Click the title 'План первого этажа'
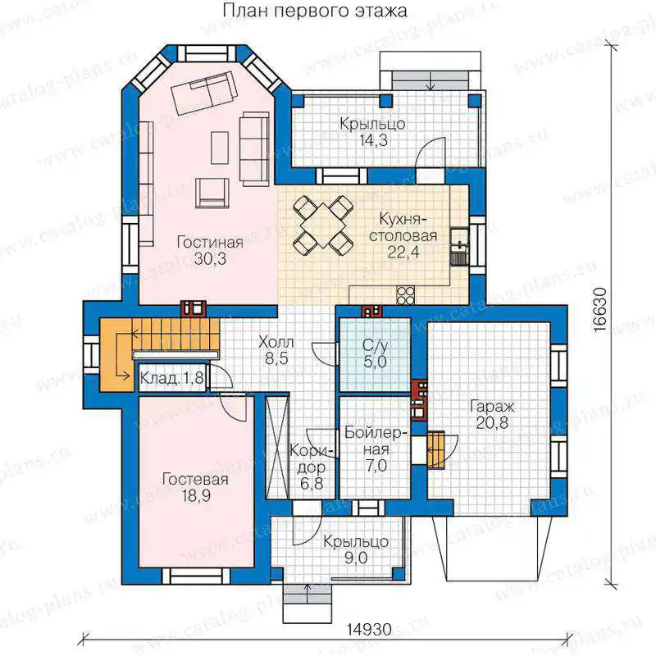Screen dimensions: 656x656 coord(315,11)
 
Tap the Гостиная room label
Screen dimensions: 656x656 coord(210,243)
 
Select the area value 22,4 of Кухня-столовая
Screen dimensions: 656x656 coord(403,252)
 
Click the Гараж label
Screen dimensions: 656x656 coord(492,406)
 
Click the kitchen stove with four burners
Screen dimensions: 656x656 coord(405,295)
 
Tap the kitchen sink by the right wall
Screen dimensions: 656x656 coord(459,248)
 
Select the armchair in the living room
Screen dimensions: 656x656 coord(212,193)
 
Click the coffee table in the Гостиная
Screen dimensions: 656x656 coord(220,148)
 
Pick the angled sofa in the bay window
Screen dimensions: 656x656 coord(205,93)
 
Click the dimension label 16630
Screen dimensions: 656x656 coord(600,309)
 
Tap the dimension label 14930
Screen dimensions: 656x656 coord(370,629)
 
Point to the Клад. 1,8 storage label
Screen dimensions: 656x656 coord(171,378)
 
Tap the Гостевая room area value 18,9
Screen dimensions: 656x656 coord(196,496)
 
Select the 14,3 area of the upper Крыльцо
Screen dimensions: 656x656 coord(374,140)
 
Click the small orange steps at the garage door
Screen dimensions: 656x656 coord(435,449)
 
